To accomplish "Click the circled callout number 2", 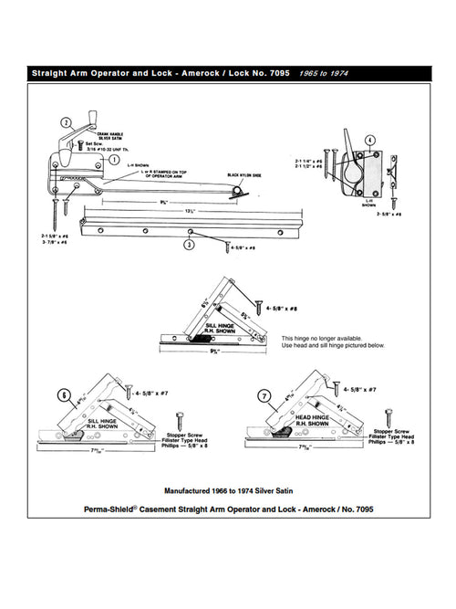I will coord(67,122).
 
